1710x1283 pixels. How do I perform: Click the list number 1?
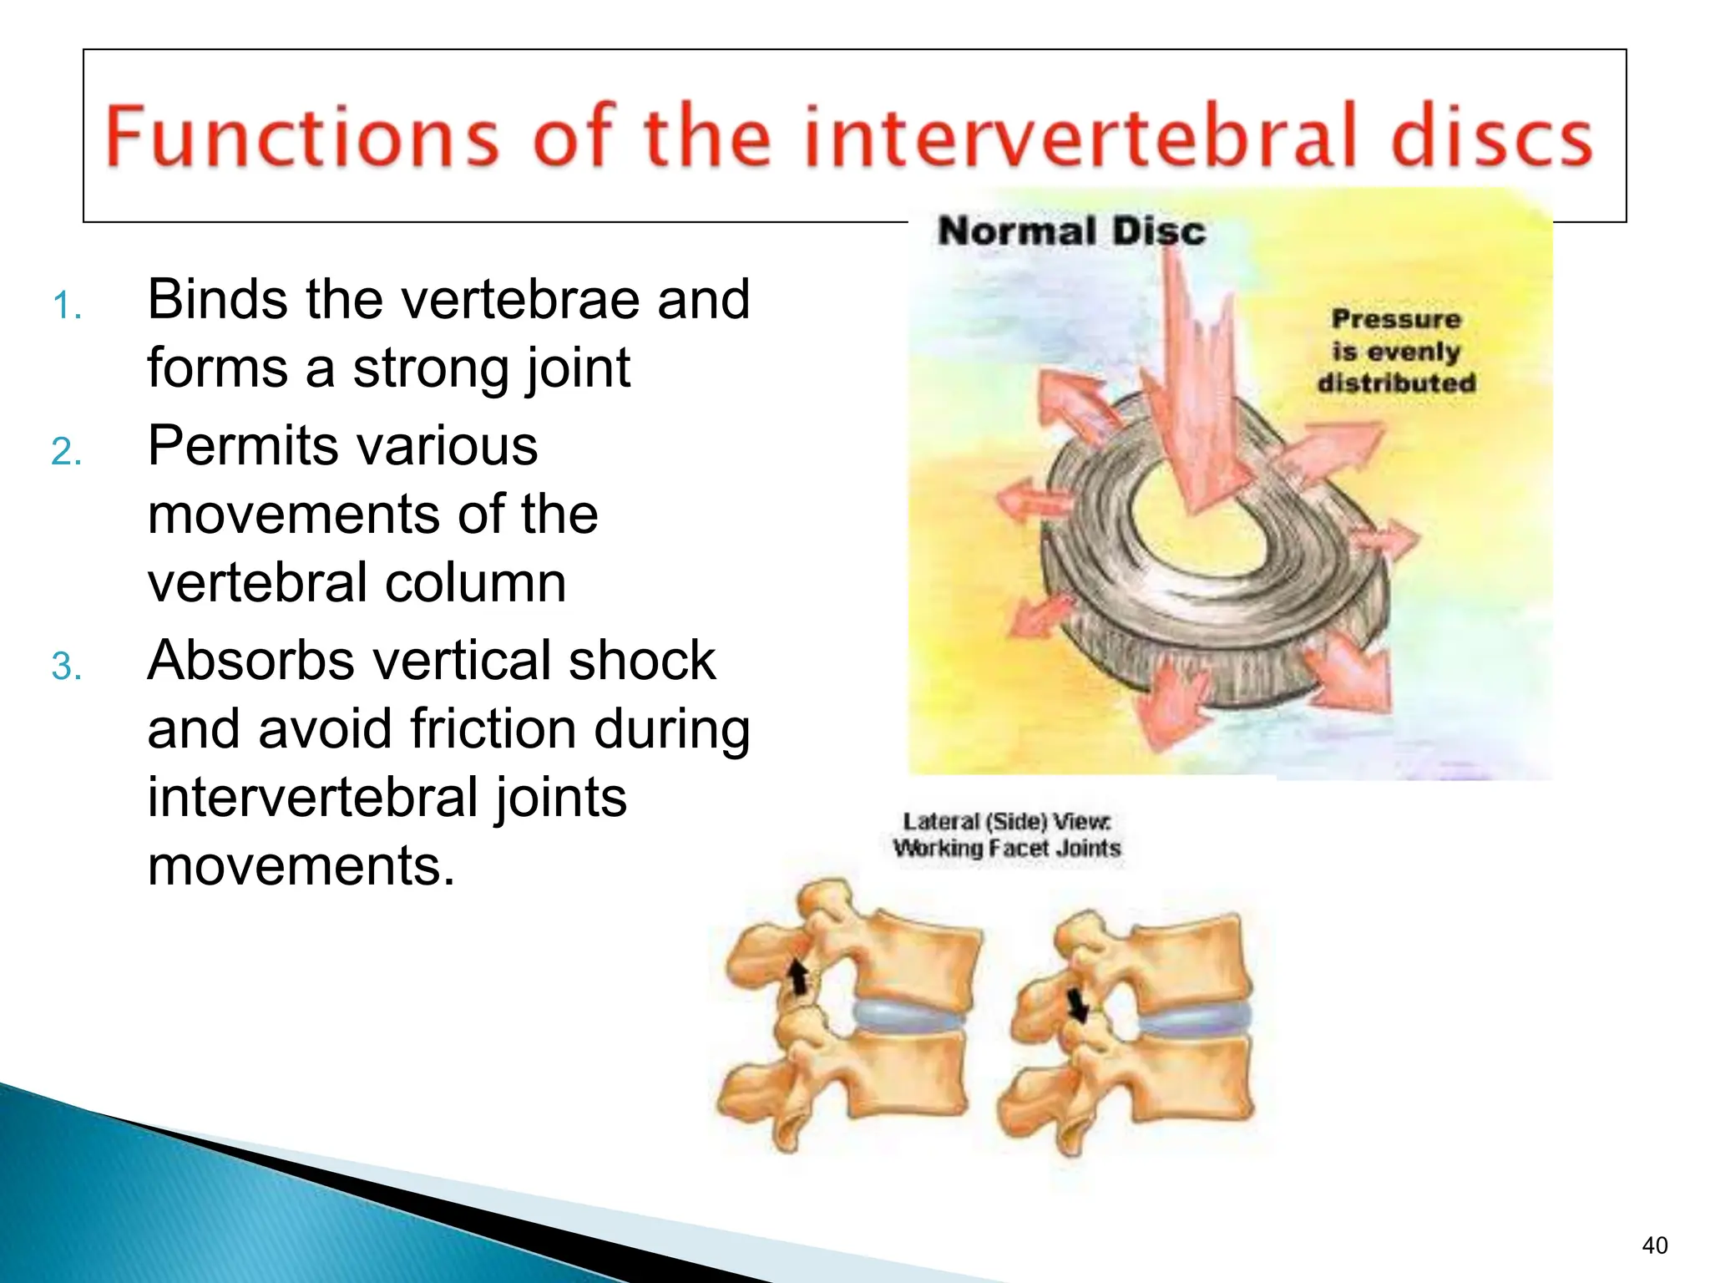pyautogui.click(x=66, y=306)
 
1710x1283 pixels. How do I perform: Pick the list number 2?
pyautogui.click(x=66, y=452)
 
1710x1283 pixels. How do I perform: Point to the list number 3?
pyautogui.click(x=66, y=667)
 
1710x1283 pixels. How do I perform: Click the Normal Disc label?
pyautogui.click(x=1071, y=231)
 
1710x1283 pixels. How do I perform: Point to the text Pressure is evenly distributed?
pyautogui.click(x=1396, y=351)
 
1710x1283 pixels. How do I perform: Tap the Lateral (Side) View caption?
pyautogui.click(x=1006, y=834)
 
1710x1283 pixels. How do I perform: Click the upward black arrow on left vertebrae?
pyautogui.click(x=799, y=976)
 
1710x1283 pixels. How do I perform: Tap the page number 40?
pyautogui.click(x=1654, y=1245)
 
